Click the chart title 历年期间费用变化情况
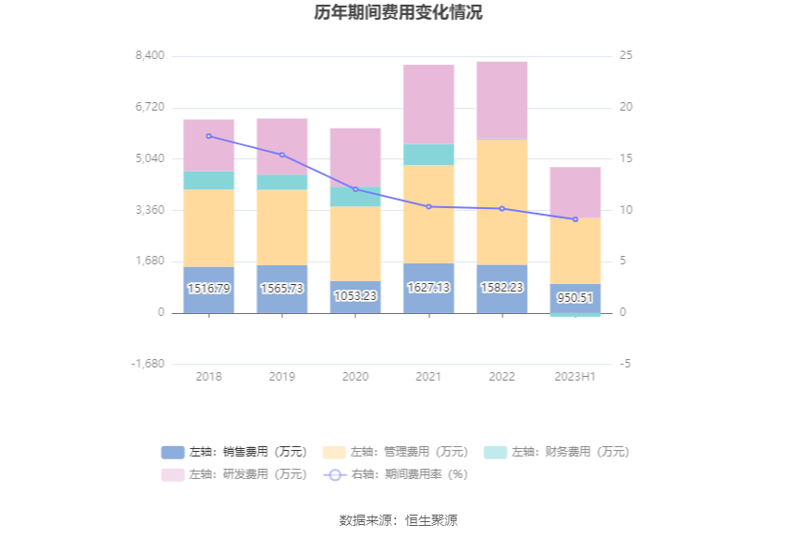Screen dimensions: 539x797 click(398, 13)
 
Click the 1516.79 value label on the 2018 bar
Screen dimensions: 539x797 click(208, 289)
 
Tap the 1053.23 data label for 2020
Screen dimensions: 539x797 click(355, 296)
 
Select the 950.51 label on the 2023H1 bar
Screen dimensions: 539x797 click(575, 298)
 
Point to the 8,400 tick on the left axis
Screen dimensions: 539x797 click(150, 55)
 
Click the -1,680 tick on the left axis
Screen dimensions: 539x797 click(149, 364)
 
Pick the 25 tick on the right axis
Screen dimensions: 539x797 click(625, 55)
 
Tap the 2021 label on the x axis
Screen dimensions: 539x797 click(429, 377)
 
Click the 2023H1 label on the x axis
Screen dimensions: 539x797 click(575, 377)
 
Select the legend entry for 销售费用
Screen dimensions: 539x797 click(233, 452)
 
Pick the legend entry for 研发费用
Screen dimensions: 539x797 click(233, 474)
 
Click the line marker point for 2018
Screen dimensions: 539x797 click(208, 136)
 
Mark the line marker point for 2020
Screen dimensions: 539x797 click(355, 189)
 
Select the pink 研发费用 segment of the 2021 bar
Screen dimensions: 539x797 click(429, 103)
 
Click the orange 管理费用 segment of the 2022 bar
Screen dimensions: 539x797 click(502, 202)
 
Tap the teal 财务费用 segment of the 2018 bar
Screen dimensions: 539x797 click(208, 180)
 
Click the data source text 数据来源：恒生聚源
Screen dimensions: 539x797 click(398, 520)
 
